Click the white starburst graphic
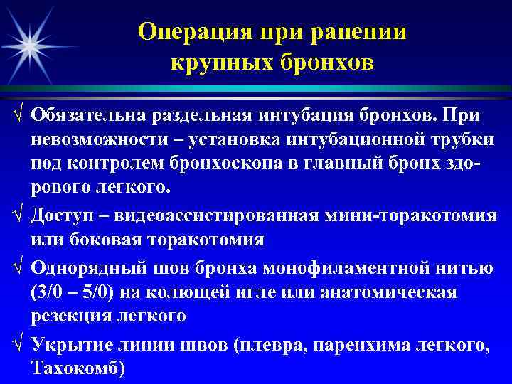tap(30, 44)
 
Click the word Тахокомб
tap(76, 368)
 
